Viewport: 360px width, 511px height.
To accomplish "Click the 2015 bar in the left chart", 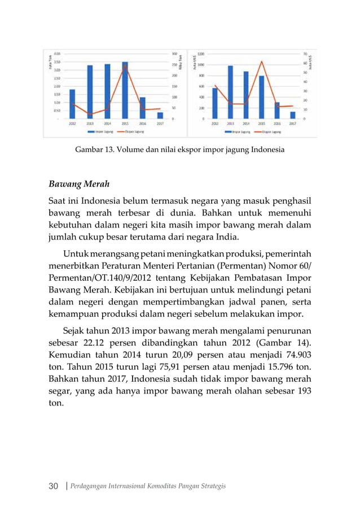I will [x=125, y=90].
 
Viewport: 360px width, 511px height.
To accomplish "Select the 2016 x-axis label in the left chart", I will [x=143, y=123].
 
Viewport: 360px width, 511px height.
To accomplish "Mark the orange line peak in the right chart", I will [x=262, y=61].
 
